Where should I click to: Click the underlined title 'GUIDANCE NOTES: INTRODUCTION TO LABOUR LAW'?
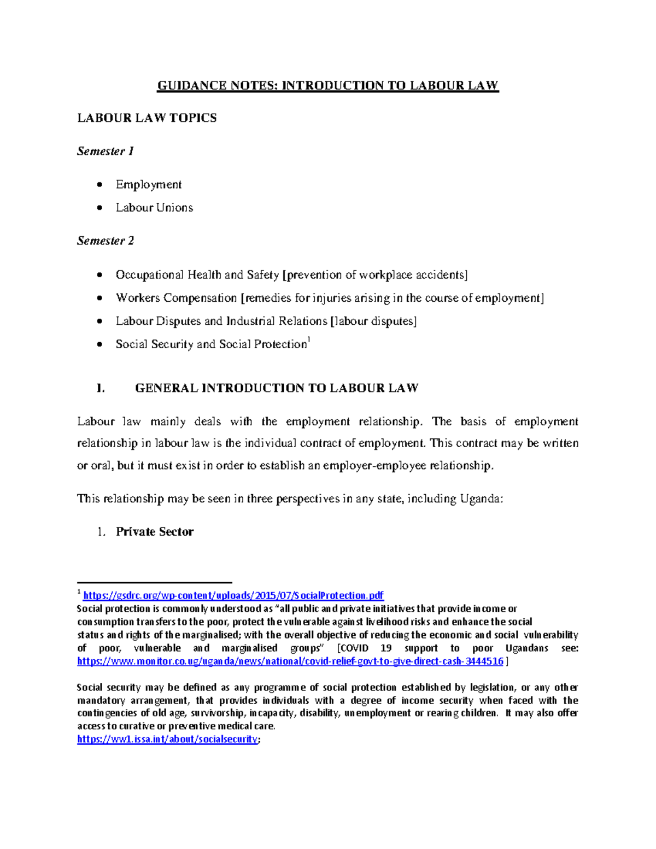coord(328,85)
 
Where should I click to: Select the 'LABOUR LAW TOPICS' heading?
coord(147,118)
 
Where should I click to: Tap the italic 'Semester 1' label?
coord(106,151)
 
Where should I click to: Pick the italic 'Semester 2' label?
coord(106,241)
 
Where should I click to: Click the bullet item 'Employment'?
coord(148,185)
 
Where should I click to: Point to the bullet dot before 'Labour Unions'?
coord(99,208)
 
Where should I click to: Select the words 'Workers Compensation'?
coord(176,298)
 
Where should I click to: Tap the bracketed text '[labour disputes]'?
coord(374,321)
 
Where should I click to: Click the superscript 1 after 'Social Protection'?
coord(309,341)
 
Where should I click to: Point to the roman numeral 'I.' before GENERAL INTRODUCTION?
coord(99,388)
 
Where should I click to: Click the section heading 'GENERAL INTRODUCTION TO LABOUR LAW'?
coord(277,388)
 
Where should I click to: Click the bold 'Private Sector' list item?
coord(155,532)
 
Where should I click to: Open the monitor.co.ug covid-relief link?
coord(290,661)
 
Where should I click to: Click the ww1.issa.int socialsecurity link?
coord(167,739)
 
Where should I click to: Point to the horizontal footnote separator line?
coord(155,583)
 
